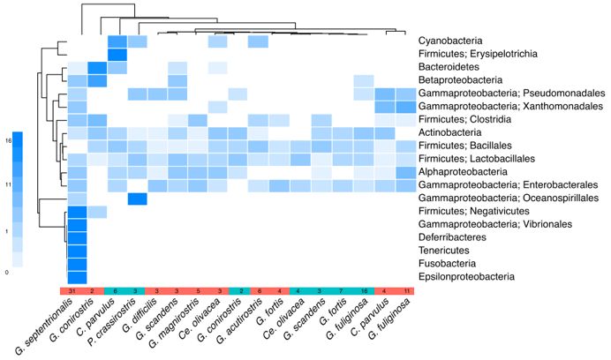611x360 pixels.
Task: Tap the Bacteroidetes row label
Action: click(447, 68)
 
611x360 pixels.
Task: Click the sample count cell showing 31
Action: click(77, 291)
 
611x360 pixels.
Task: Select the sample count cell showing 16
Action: click(364, 291)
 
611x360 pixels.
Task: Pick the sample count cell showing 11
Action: click(405, 291)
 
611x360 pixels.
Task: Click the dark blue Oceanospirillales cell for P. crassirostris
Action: click(138, 199)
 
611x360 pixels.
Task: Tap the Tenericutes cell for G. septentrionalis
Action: click(77, 251)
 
